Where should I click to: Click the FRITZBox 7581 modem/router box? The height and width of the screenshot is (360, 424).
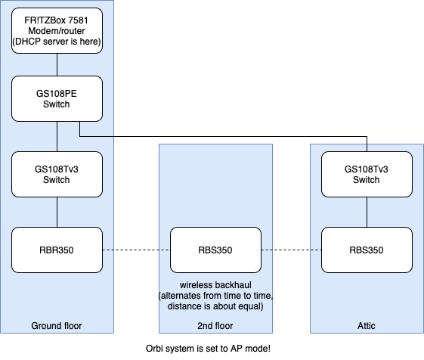pyautogui.click(x=57, y=30)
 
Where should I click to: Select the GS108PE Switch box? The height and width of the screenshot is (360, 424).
pyautogui.click(x=57, y=98)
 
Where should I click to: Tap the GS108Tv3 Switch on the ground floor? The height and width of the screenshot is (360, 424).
pyautogui.click(x=57, y=174)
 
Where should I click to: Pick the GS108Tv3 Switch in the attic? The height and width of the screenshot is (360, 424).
pyautogui.click(x=367, y=174)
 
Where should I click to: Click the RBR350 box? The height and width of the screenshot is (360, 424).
pyautogui.click(x=57, y=250)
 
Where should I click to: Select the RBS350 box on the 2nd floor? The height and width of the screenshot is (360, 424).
pyautogui.click(x=215, y=250)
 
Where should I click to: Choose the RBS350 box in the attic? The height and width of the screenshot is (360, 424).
pyautogui.click(x=367, y=250)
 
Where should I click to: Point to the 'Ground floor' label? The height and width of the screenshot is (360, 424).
pyautogui.click(x=56, y=326)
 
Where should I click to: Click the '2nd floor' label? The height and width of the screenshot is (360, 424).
pyautogui.click(x=215, y=326)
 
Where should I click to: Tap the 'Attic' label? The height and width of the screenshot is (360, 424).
pyautogui.click(x=367, y=326)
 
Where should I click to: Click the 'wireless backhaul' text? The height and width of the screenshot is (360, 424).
pyautogui.click(x=215, y=283)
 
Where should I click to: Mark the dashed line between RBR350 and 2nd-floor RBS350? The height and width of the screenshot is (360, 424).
pyautogui.click(x=136, y=250)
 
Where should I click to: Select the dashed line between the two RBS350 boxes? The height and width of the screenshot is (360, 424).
pyautogui.click(x=291, y=250)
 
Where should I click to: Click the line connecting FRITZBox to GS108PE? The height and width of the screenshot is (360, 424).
pyautogui.click(x=57, y=64)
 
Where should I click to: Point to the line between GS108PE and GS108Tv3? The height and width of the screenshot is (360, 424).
pyautogui.click(x=57, y=136)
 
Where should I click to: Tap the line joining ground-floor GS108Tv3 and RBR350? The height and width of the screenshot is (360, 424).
pyautogui.click(x=57, y=212)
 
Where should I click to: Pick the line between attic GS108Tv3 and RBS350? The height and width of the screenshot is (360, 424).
pyautogui.click(x=367, y=212)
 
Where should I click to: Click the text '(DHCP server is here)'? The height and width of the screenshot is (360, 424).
pyautogui.click(x=57, y=40)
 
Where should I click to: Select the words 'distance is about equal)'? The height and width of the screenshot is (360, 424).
pyautogui.click(x=215, y=306)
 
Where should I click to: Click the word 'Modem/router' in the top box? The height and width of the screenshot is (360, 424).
pyautogui.click(x=57, y=29)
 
